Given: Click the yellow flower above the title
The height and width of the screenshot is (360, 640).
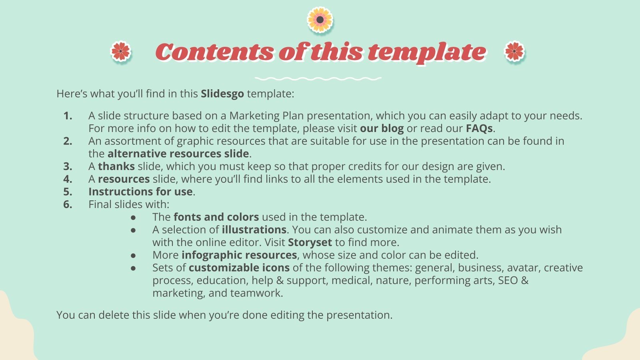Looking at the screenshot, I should pos(320,20).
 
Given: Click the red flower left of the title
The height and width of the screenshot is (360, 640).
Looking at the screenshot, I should pos(121,52).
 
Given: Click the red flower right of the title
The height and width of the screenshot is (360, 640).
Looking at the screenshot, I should pos(514,52).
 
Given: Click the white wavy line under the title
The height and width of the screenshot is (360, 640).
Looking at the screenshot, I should pos(318,79).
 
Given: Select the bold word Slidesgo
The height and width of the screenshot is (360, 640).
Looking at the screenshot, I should pos(222,94).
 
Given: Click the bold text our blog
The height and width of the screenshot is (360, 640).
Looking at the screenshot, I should pos(382,128).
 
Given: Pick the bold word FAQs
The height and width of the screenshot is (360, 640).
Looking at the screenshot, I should pos(479,128).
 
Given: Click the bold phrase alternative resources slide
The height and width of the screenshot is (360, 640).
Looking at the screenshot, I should pos(178,154).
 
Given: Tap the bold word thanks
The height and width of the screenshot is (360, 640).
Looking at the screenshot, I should pos(116,166).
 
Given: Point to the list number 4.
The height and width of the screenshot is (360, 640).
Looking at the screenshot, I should pos(68,179).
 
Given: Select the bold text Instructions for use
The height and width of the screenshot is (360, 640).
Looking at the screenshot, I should pos(140,192).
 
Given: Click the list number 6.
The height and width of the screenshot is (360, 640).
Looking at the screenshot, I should pos(68,204).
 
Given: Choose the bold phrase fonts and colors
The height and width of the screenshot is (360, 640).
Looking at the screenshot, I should pos(216,217).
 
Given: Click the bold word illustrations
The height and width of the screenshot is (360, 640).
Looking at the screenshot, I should pos(254,230).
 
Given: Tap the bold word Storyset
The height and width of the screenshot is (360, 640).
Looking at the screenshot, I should pos(310,242).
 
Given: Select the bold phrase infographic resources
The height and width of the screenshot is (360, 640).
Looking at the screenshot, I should pos(239,255).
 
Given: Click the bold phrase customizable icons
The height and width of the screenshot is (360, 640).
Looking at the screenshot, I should pos(239,268).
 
